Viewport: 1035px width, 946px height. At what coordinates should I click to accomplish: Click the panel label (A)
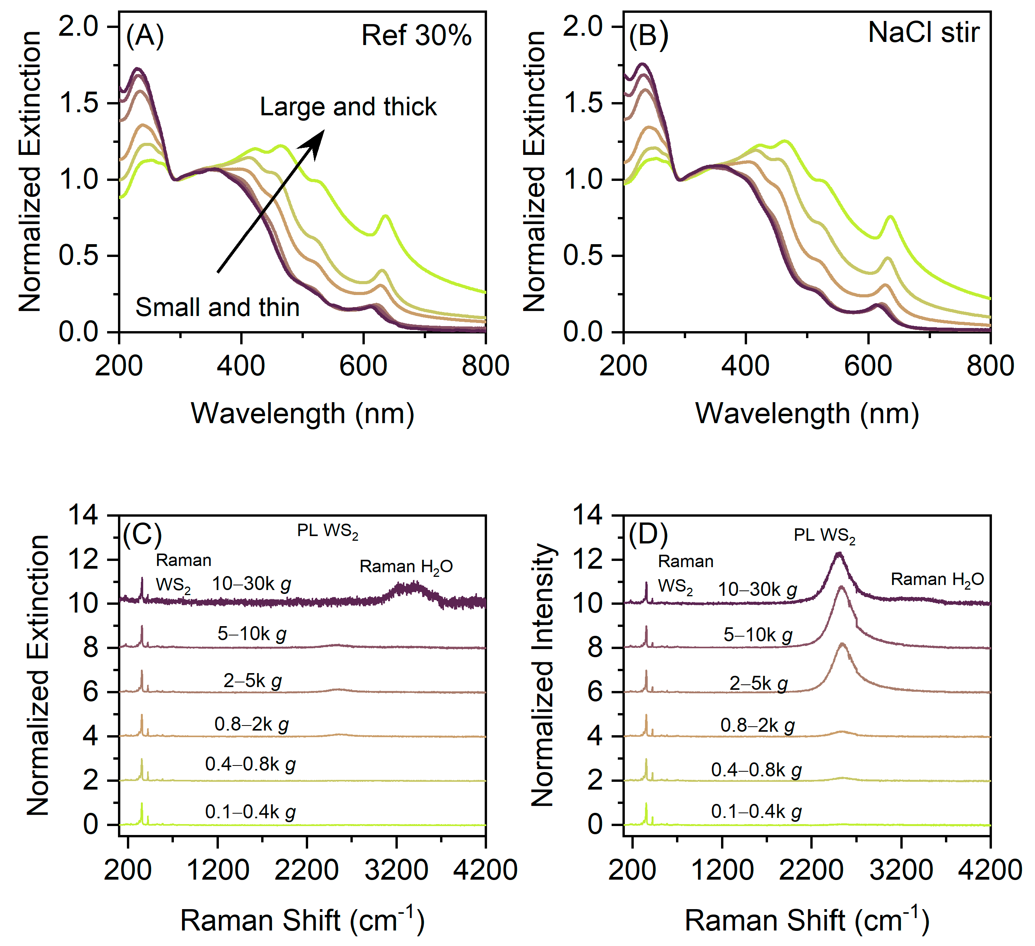(x=145, y=36)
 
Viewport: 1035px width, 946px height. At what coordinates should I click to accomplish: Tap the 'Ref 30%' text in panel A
(x=416, y=36)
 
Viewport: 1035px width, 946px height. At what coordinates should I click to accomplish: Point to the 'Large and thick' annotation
(x=348, y=107)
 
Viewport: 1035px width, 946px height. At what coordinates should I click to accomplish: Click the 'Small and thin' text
(x=217, y=307)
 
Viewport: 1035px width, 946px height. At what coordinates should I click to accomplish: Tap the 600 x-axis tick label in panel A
(x=363, y=366)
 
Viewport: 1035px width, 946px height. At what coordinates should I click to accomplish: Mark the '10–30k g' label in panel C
(x=251, y=584)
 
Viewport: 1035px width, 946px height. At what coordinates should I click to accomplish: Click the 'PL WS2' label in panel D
(x=825, y=536)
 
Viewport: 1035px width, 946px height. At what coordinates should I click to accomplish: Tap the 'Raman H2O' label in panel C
(x=406, y=566)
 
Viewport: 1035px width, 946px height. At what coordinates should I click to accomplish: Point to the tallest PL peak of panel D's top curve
(x=839, y=554)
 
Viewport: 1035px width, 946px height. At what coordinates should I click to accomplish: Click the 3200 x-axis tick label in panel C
(x=396, y=870)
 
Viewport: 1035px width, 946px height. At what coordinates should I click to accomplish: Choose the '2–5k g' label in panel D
(x=758, y=684)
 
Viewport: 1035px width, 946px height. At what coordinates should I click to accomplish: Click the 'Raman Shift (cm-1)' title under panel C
(x=302, y=920)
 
